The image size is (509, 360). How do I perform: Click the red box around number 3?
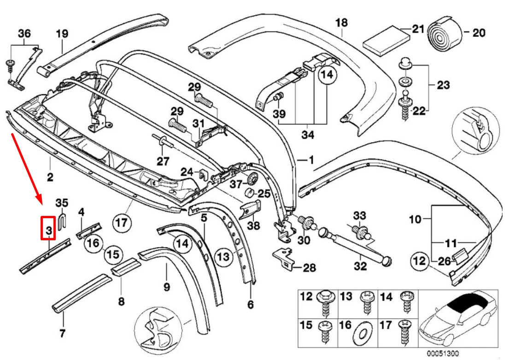[x=48, y=228]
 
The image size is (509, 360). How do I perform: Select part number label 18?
[x=341, y=22]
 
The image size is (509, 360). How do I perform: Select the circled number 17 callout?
[x=121, y=223]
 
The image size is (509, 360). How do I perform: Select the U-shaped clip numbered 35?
[x=64, y=218]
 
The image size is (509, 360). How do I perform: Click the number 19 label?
[x=62, y=33]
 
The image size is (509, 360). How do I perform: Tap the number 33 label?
[x=359, y=215]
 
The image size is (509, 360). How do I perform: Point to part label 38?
[x=254, y=226]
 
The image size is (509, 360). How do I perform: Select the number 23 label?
[x=444, y=85]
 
